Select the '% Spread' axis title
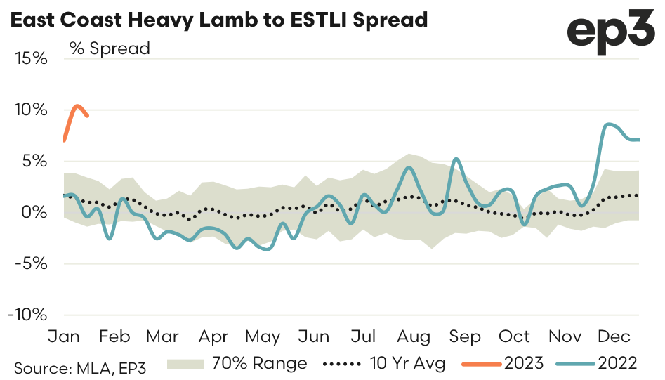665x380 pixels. pos(110,48)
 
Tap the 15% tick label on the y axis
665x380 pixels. pos(31,58)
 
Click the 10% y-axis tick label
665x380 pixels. pos(31,110)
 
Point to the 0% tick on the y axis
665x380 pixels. pos(35,212)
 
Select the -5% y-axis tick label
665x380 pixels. pos(31,263)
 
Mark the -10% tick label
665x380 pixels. pos(27,315)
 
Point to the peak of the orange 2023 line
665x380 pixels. pos(77,106)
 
